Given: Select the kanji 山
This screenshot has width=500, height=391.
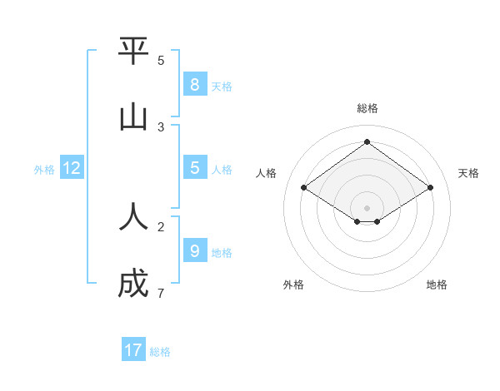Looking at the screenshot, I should [x=133, y=117].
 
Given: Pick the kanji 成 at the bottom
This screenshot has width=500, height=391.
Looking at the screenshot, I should [x=133, y=285].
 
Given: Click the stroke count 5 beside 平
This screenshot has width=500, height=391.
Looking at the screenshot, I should [x=161, y=60].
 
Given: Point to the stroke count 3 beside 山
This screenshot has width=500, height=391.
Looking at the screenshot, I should [x=161, y=127].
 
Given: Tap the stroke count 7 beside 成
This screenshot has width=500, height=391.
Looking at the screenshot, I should [x=161, y=294].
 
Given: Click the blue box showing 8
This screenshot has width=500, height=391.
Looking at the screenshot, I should [x=194, y=85].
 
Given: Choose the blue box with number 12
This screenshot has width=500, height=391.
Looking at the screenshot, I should [x=72, y=168].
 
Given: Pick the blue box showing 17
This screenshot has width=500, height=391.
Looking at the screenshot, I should [x=133, y=350].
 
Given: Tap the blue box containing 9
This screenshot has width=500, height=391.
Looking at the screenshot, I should [x=194, y=250].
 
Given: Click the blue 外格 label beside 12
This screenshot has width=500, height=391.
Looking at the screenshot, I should [x=44, y=170].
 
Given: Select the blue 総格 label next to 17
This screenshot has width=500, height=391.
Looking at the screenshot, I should [x=160, y=352].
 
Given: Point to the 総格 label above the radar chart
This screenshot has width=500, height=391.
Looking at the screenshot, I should [x=367, y=108].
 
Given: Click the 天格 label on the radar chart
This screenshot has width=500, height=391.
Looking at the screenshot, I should [x=468, y=173].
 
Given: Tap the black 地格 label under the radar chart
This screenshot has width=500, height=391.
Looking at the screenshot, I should [x=437, y=285].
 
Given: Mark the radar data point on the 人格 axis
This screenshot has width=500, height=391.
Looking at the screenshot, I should [x=304, y=188].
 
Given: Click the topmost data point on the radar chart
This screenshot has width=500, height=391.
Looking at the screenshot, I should [x=367, y=141].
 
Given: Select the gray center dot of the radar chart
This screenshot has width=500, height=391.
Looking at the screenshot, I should [x=367, y=207].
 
